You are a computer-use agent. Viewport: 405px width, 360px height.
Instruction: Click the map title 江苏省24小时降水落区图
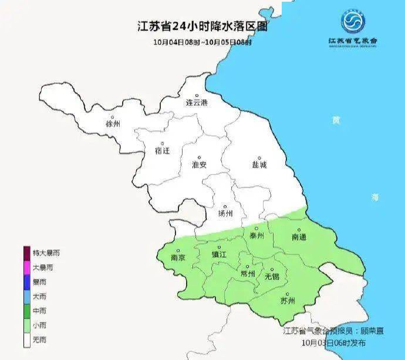pyautogui.click(x=203, y=26)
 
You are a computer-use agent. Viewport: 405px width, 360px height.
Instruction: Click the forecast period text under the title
pyautogui.click(x=203, y=42)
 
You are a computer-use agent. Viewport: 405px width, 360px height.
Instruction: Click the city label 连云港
pyautogui.click(x=197, y=102)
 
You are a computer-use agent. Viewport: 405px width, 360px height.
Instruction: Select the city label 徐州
pyautogui.click(x=113, y=124)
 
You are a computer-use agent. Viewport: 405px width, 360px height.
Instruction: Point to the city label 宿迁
pyautogui.click(x=163, y=150)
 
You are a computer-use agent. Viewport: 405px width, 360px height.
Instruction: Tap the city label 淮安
pyautogui.click(x=199, y=165)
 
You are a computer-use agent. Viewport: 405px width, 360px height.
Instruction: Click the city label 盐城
pyautogui.click(x=259, y=165)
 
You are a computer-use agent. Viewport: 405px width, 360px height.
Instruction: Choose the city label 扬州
pyautogui.click(x=225, y=213)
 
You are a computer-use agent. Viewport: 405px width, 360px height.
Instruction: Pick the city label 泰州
pyautogui.click(x=256, y=235)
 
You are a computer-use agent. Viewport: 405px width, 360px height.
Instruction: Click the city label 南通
pyautogui.click(x=299, y=236)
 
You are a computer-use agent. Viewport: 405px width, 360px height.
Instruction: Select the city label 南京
pyautogui.click(x=178, y=257)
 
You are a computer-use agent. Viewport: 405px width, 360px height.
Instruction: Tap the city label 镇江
pyautogui.click(x=218, y=255)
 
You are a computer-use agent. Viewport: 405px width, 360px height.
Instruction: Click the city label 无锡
pyautogui.click(x=272, y=275)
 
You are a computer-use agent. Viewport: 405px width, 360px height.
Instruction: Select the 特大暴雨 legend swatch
pyautogui.click(x=26, y=253)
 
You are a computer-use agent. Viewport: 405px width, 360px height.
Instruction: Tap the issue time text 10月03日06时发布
pyautogui.click(x=333, y=342)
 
